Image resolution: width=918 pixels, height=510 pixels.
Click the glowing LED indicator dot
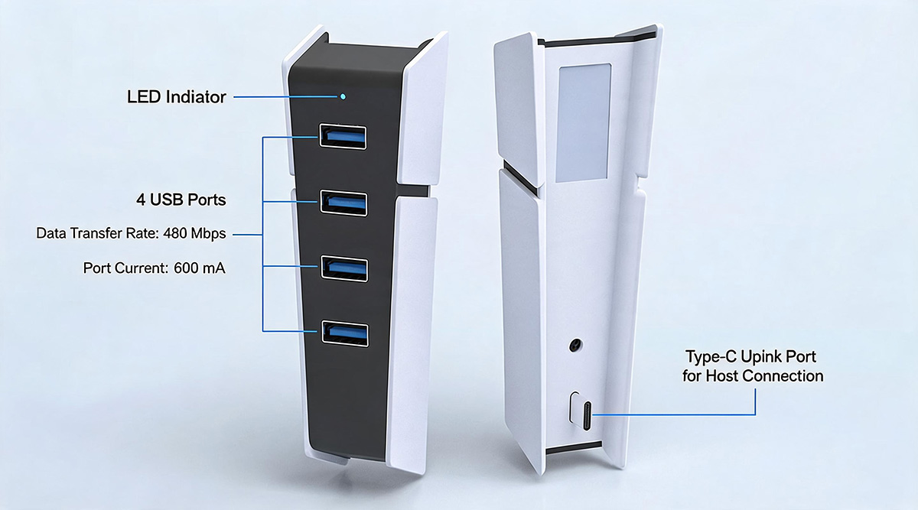click(x=343, y=96)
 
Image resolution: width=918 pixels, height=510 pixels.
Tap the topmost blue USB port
click(x=343, y=136)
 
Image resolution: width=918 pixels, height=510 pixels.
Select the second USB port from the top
click(x=343, y=203)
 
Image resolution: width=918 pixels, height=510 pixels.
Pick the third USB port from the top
click(x=344, y=268)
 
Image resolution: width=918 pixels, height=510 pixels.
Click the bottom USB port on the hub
click(x=345, y=333)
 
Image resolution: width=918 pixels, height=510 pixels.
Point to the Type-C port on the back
click(x=587, y=416)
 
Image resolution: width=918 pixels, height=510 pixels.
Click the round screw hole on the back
click(x=576, y=346)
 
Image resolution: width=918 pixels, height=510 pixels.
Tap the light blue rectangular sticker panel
click(x=583, y=122)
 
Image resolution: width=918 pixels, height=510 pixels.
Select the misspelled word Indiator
click(x=196, y=97)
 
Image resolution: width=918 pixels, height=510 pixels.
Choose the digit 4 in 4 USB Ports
click(x=141, y=200)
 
